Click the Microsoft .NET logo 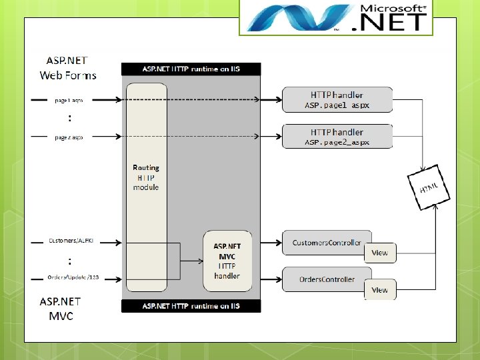[336, 17]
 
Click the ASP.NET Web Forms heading [68, 67]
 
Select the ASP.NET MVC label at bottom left [61, 308]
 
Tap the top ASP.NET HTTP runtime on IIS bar [191, 69]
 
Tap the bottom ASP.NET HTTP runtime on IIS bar [191, 306]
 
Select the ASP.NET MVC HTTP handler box [227, 261]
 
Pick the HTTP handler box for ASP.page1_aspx [337, 100]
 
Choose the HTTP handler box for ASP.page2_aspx [337, 137]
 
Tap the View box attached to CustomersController [379, 253]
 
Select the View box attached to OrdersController [379, 289]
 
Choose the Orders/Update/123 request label [73, 277]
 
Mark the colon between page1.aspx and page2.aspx [69, 119]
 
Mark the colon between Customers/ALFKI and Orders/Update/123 [69, 261]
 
